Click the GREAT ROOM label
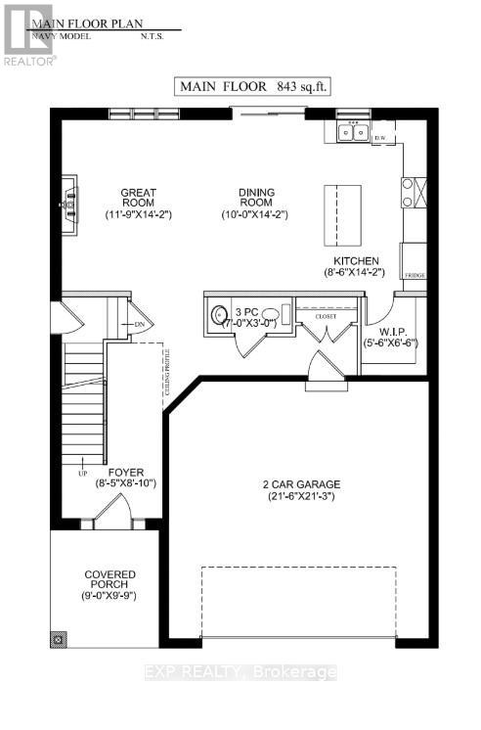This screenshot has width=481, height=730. pyautogui.click(x=140, y=193)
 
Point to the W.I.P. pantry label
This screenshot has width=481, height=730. pyautogui.click(x=393, y=330)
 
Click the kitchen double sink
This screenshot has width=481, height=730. pyautogui.click(x=352, y=132)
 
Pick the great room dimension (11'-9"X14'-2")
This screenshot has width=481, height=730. pyautogui.click(x=140, y=211)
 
